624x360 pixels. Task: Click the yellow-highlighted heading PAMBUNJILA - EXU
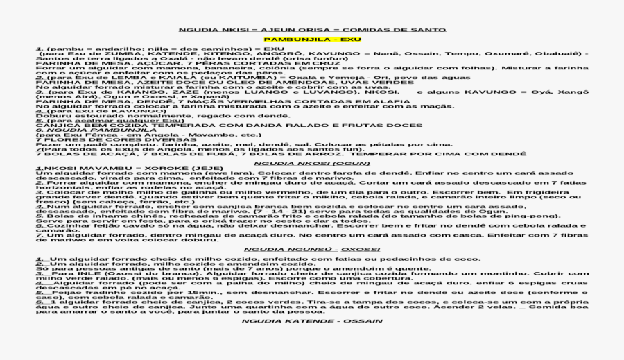312,40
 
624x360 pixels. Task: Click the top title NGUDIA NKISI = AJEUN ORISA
312,30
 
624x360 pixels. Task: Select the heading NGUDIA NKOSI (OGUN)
312,163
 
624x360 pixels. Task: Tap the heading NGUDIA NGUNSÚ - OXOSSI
312,248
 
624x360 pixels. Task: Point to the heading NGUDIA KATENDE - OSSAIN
312,322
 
